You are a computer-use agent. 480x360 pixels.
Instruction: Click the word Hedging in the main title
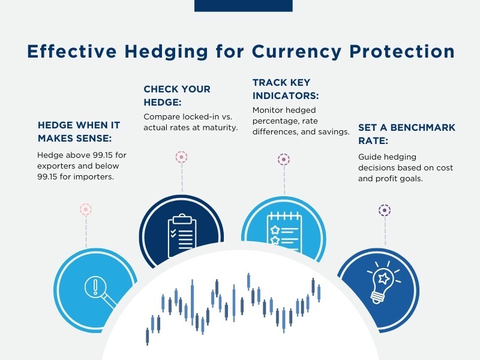click(166, 52)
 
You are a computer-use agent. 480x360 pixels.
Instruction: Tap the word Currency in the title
click(296, 52)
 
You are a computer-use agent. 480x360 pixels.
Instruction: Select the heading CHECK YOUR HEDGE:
click(177, 95)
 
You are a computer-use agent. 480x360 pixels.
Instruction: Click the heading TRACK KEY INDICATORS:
click(286, 89)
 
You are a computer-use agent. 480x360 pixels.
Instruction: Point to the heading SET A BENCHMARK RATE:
click(407, 134)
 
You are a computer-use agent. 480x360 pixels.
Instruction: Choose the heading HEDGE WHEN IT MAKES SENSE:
click(79, 131)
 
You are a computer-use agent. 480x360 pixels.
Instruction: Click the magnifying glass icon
click(100, 292)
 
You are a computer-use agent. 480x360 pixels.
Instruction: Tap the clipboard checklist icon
click(182, 235)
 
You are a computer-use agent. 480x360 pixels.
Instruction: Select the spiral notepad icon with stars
click(284, 233)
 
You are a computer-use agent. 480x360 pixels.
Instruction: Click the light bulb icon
click(383, 282)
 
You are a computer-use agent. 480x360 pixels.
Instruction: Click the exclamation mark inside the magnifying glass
click(95, 287)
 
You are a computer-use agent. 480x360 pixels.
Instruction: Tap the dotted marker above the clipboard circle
click(182, 157)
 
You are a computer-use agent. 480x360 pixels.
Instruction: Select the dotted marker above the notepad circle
click(284, 160)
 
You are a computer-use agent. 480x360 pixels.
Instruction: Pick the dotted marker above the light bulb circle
click(385, 211)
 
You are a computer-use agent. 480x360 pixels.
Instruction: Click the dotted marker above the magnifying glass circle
click(86, 209)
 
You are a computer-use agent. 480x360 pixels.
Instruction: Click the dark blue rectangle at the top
click(244, 6)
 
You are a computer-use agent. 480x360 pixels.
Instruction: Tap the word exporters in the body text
click(57, 166)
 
